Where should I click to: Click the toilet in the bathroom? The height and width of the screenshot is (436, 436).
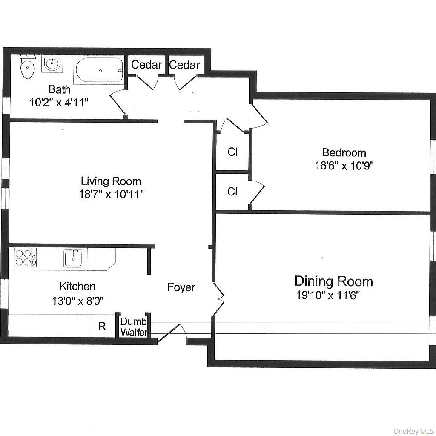click(x=27, y=68)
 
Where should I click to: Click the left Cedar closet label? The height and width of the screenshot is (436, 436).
click(x=146, y=65)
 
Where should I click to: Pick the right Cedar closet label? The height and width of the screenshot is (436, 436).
click(x=184, y=65)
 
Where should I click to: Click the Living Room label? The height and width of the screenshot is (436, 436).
click(x=111, y=181)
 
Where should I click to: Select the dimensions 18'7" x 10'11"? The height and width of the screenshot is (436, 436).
click(x=111, y=195)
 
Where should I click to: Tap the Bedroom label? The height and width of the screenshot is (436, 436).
click(x=344, y=152)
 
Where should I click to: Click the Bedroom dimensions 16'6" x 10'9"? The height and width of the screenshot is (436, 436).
click(x=344, y=165)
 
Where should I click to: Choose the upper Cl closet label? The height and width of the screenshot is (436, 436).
click(x=232, y=152)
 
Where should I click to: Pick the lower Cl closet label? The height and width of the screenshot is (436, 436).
click(x=232, y=192)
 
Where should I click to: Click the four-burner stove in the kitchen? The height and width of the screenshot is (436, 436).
click(x=25, y=258)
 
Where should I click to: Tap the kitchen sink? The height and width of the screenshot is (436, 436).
click(x=73, y=258)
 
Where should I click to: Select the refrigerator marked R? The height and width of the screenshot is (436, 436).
click(x=102, y=327)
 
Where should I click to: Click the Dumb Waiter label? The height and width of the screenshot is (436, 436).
click(x=133, y=327)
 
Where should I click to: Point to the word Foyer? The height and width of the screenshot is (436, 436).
click(x=181, y=287)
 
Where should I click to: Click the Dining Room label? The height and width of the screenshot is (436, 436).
click(x=333, y=281)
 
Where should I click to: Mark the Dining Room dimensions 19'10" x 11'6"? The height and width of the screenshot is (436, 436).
click(x=328, y=295)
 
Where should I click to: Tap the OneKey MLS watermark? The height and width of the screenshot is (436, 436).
click(x=413, y=431)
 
